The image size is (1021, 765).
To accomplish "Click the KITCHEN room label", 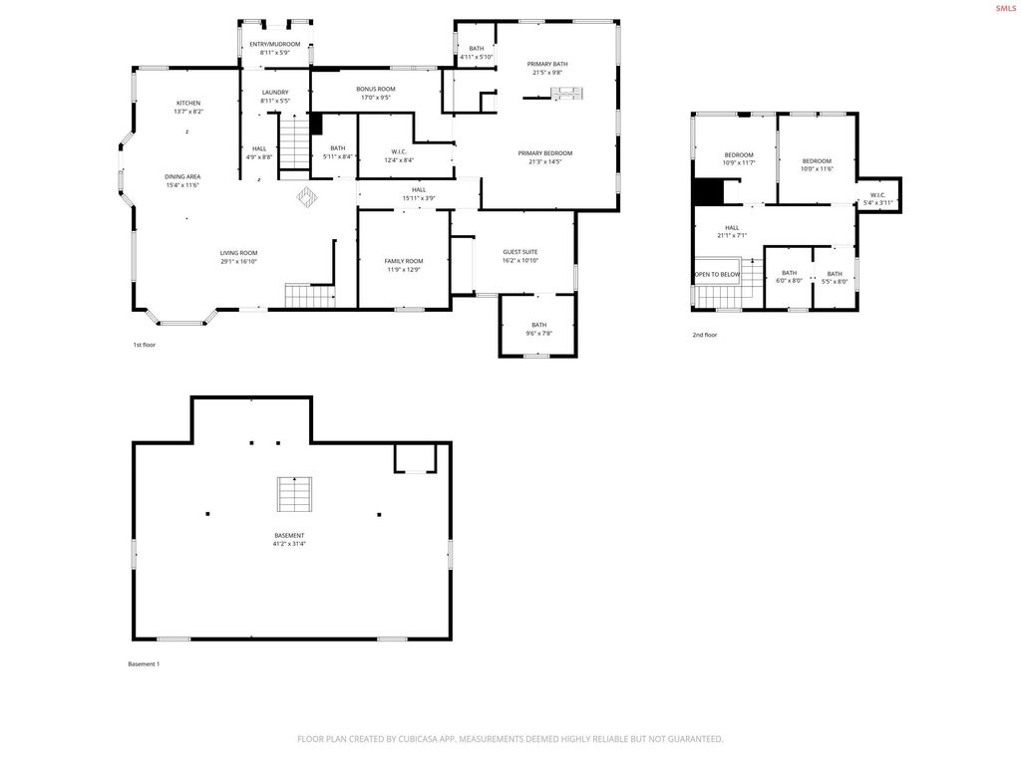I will [188, 103].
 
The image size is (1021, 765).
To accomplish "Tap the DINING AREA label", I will [182, 176].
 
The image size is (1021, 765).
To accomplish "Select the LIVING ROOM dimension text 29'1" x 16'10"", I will [239, 262].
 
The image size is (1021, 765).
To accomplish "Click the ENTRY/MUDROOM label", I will [274, 45].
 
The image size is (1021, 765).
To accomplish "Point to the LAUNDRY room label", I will [275, 93].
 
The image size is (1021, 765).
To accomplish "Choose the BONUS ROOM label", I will [376, 89].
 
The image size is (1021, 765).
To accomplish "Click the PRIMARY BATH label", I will [547, 64].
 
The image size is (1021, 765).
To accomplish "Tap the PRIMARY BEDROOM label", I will [545, 152].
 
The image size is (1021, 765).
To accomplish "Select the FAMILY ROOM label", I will [404, 261].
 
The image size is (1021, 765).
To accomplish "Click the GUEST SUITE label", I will [520, 252].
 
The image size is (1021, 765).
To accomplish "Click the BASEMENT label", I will [289, 535].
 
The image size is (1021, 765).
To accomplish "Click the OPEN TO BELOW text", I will [718, 274].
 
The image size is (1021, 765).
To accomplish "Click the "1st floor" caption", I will [145, 345].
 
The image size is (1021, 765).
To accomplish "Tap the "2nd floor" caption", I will [705, 335].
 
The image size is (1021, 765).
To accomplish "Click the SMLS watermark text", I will [1005, 8].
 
